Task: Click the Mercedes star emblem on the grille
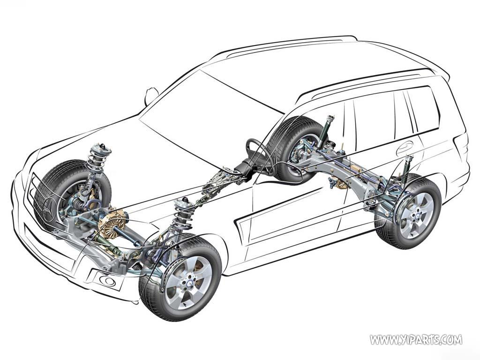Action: click(50, 210)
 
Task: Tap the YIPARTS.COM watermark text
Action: click(416, 339)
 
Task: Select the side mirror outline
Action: click(151, 96)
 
